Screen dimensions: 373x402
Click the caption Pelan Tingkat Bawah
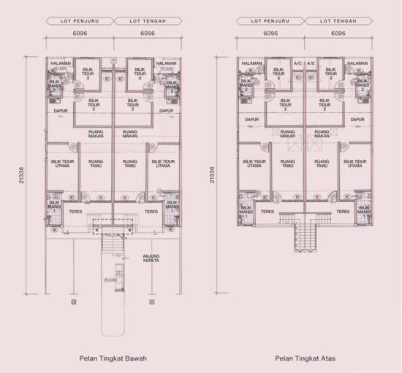tap(113, 358)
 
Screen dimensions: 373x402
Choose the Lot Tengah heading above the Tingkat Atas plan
tap(338, 22)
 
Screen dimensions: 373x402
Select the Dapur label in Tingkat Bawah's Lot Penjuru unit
tap(61, 111)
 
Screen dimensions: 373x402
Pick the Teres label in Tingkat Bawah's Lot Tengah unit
tap(151, 212)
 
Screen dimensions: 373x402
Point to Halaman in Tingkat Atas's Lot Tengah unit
tap(358, 64)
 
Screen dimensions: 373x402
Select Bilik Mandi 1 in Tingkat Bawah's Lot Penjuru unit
tap(53, 206)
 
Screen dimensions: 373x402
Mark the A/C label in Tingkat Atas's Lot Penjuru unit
tap(298, 64)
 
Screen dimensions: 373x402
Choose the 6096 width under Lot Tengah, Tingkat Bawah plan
tap(148, 34)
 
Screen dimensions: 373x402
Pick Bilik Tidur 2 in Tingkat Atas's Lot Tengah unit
tap(321, 105)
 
